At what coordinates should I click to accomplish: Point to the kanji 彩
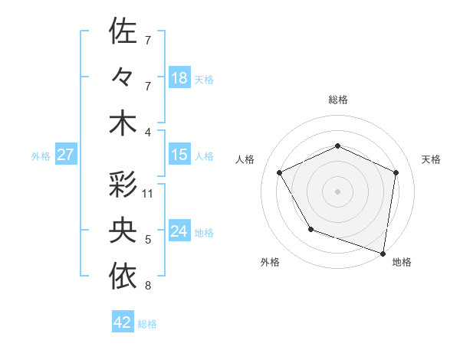pyautogui.click(x=123, y=185)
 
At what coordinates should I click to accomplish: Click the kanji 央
pyautogui.click(x=123, y=231)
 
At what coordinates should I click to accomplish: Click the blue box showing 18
pyautogui.click(x=179, y=77)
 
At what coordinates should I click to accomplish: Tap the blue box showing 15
pyautogui.click(x=179, y=155)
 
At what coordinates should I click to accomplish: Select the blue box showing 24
pyautogui.click(x=179, y=231)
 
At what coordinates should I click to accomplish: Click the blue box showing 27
pyautogui.click(x=66, y=155)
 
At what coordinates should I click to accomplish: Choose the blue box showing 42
pyautogui.click(x=123, y=322)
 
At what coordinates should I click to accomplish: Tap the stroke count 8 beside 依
pyautogui.click(x=148, y=286)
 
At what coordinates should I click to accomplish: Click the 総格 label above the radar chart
pyautogui.click(x=337, y=100)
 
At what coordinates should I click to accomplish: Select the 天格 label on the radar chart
pyautogui.click(x=431, y=159)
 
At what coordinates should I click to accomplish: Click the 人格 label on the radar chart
pyautogui.click(x=245, y=159)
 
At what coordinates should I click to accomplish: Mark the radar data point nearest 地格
pyautogui.click(x=383, y=253)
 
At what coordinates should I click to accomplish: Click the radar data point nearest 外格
pyautogui.click(x=310, y=229)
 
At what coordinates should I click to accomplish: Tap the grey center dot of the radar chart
pyautogui.click(x=337, y=191)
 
